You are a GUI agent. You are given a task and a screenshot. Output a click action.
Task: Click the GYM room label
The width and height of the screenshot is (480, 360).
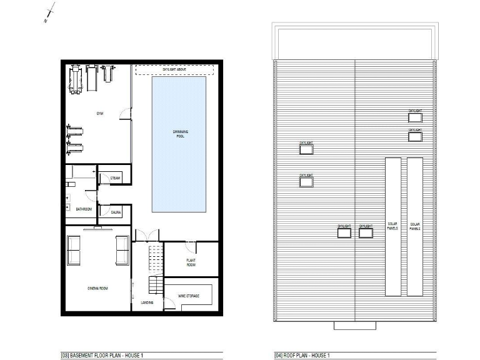point(99,113)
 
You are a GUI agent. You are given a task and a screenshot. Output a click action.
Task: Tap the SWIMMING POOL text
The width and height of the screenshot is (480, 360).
point(180,133)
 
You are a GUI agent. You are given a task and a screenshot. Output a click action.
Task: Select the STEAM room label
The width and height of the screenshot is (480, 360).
point(115,178)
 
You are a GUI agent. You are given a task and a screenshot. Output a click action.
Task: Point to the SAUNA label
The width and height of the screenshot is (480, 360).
point(116,213)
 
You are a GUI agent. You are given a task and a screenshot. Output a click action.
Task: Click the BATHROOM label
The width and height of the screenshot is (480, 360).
point(84,209)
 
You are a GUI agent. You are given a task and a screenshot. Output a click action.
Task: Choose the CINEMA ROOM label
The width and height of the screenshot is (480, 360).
point(97,288)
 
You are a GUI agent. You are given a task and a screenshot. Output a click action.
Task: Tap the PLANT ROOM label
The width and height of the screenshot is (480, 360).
point(191,262)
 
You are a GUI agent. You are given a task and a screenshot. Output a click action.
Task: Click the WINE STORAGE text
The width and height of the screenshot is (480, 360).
point(189,296)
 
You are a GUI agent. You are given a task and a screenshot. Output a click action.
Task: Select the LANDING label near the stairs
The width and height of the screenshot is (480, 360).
point(147,302)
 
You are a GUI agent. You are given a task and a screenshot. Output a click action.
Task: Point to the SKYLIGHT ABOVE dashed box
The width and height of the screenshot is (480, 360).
point(174,69)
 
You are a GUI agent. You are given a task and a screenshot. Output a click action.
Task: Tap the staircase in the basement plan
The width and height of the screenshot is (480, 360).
point(154,269)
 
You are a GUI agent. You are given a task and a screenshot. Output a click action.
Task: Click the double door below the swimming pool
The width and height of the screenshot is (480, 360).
point(147,236)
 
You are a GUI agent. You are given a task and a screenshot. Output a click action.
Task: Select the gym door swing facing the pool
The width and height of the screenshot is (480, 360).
point(127,112)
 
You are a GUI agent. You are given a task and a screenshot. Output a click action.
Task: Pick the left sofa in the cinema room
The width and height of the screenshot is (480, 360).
point(74,250)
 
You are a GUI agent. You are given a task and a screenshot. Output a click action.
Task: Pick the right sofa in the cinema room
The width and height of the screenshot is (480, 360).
point(122,250)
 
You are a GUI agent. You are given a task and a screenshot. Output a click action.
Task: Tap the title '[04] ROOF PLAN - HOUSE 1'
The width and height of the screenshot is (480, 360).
point(302,356)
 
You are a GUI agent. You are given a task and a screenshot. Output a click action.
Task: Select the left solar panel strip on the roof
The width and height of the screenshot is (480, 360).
point(392,226)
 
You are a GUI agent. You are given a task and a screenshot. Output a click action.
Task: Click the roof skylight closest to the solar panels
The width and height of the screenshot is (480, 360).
point(366,233)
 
